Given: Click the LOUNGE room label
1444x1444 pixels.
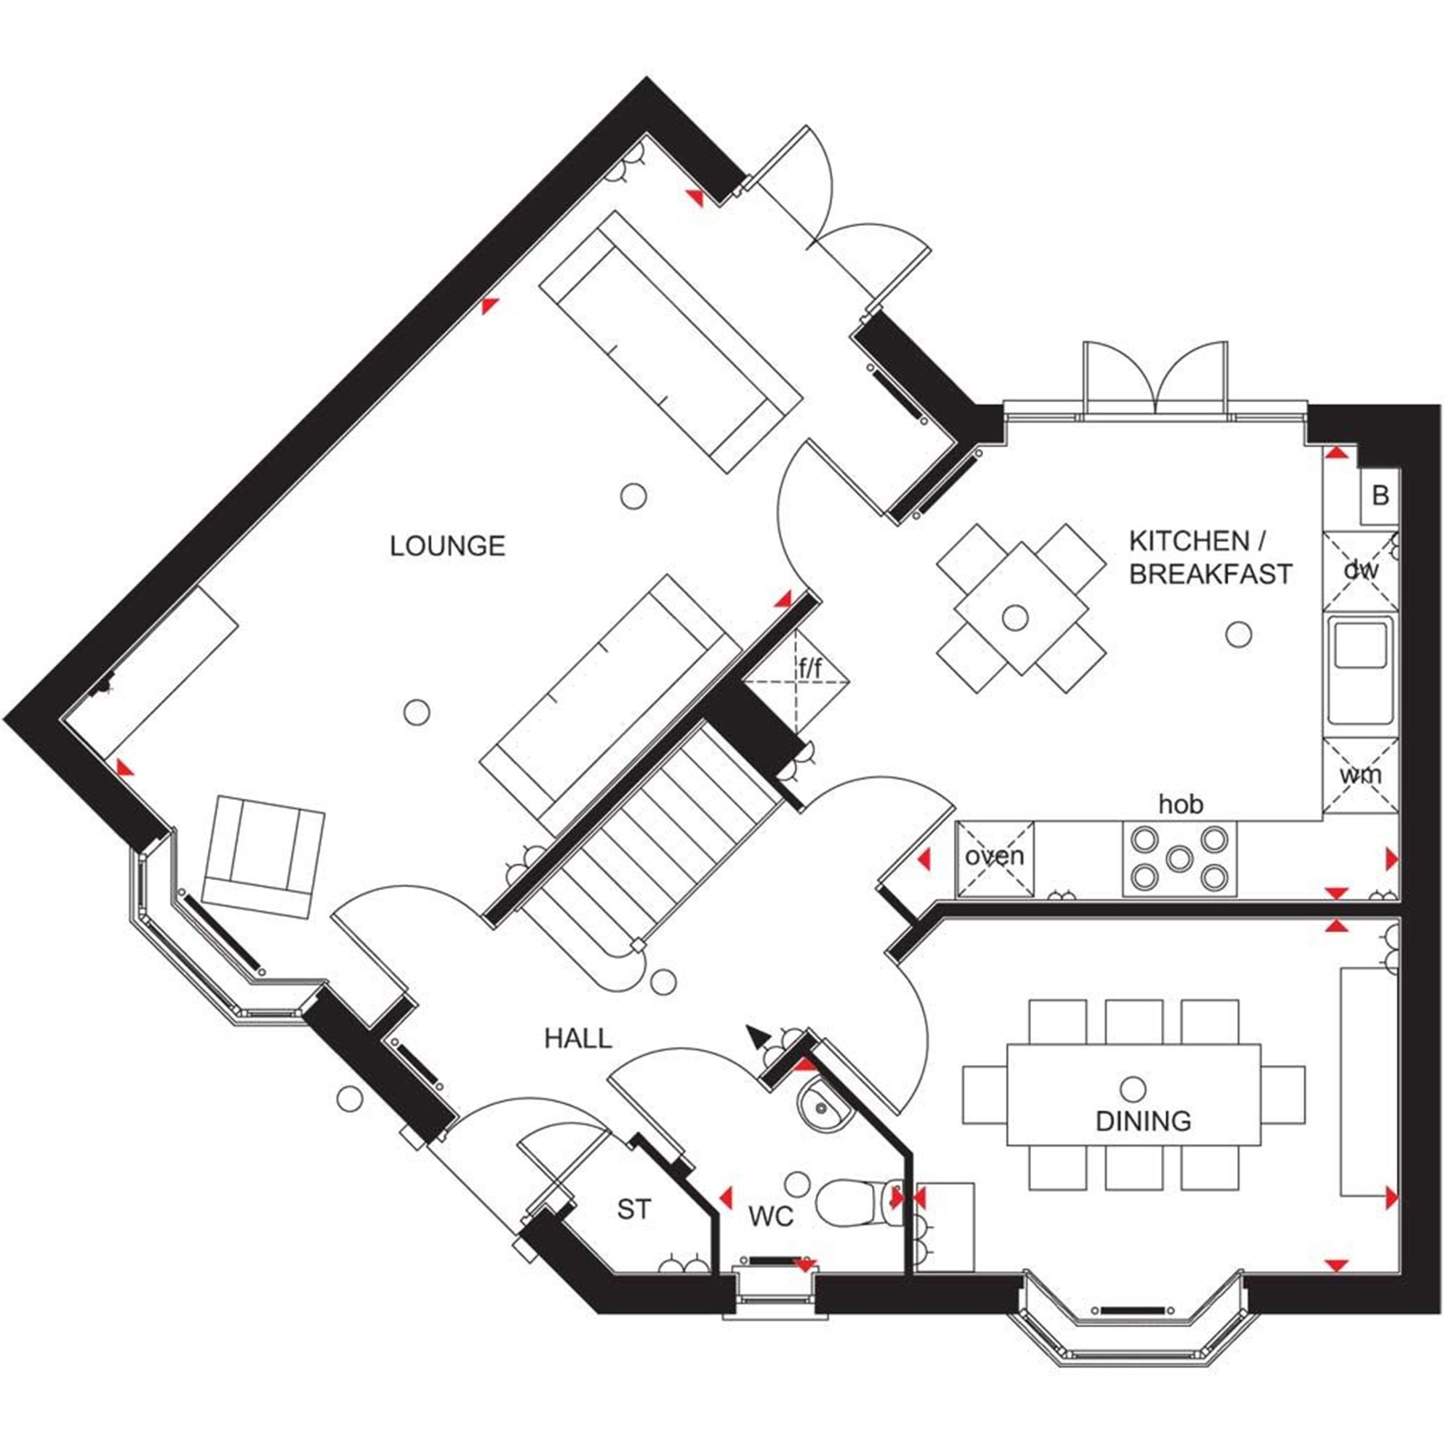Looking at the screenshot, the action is [x=447, y=547].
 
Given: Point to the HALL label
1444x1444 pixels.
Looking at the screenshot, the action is [x=578, y=1038].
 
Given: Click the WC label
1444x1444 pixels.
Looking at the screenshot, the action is [x=770, y=1216].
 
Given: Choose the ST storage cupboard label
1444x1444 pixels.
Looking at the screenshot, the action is [x=634, y=1209].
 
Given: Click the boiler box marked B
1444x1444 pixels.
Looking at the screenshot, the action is [x=1380, y=495].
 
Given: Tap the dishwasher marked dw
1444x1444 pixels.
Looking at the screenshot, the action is [x=1360, y=570].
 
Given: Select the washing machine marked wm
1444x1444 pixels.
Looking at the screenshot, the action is [x=1360, y=775].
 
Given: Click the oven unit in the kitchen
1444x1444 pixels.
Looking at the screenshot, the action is [x=994, y=856].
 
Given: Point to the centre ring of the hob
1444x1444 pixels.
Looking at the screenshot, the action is [x=1179, y=859].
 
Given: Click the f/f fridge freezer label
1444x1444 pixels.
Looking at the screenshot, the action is [x=810, y=670].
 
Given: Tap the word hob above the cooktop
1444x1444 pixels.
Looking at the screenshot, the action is [x=1181, y=804].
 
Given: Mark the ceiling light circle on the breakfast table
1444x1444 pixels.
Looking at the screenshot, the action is [x=1014, y=617].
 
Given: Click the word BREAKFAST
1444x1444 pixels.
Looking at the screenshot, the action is [x=1210, y=574].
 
